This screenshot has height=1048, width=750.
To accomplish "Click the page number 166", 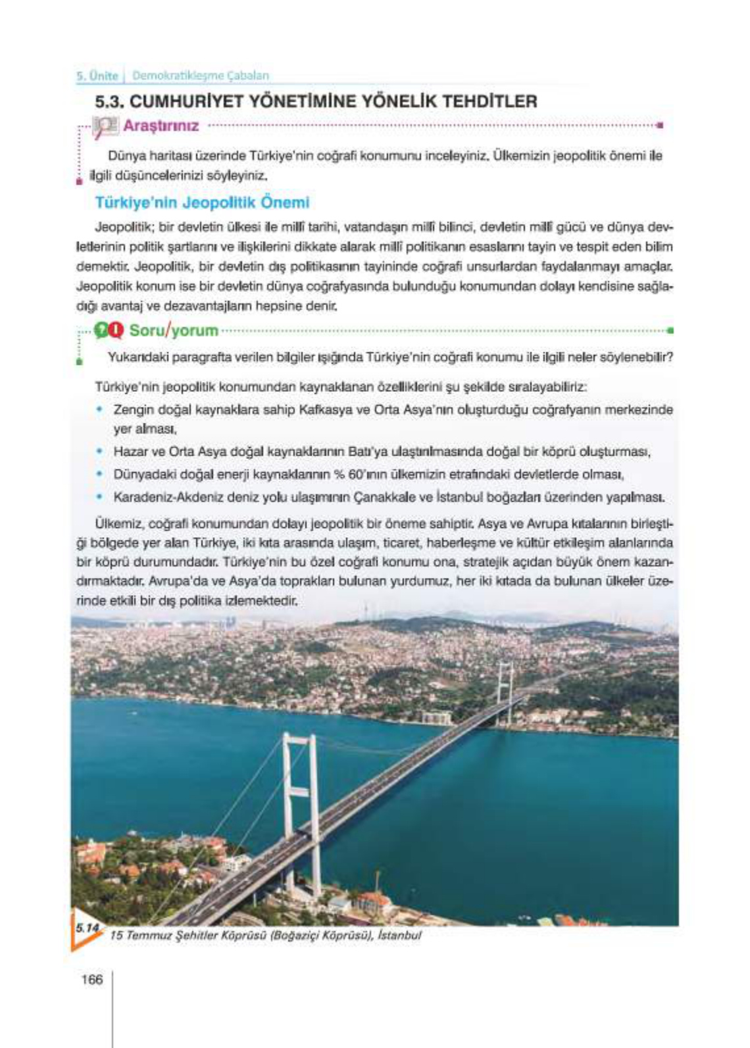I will [x=92, y=980].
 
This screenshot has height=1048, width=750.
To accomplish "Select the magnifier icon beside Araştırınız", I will [x=105, y=126].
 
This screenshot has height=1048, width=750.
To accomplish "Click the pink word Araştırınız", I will [x=161, y=126].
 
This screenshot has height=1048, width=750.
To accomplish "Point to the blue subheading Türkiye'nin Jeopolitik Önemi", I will [x=202, y=202].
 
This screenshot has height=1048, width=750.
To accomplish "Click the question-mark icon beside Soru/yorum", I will [x=102, y=330].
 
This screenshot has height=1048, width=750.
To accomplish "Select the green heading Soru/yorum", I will [x=174, y=330].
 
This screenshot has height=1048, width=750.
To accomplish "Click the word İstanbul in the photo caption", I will [x=399, y=935].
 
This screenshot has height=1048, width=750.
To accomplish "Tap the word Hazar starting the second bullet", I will [x=130, y=452].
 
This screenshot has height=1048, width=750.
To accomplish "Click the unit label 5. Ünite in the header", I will [x=97, y=75].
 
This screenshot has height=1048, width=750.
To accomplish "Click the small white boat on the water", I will [x=134, y=712].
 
